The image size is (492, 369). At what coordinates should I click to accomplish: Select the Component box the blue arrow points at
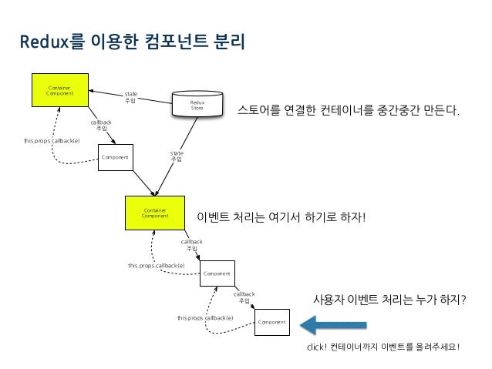[271, 321]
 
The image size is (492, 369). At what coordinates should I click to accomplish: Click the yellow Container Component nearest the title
[59, 92]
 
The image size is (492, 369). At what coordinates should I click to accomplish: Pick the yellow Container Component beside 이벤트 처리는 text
[154, 213]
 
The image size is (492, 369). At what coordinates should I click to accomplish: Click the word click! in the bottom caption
[317, 347]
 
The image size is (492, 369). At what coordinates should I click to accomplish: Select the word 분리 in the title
[229, 40]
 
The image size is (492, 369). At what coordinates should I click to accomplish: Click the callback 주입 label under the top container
[101, 125]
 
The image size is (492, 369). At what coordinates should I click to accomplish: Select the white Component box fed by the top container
[115, 157]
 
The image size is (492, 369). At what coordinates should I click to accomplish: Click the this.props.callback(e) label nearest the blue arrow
[205, 317]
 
